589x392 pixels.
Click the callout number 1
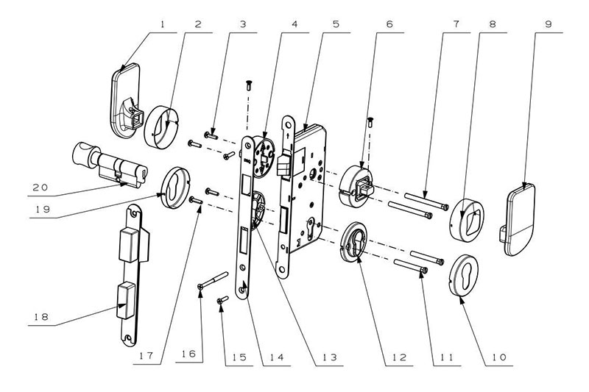coord(163,22)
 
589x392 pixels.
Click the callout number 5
coord(336,23)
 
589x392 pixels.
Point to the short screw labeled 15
coord(222,301)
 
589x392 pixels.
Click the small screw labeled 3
coord(211,134)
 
